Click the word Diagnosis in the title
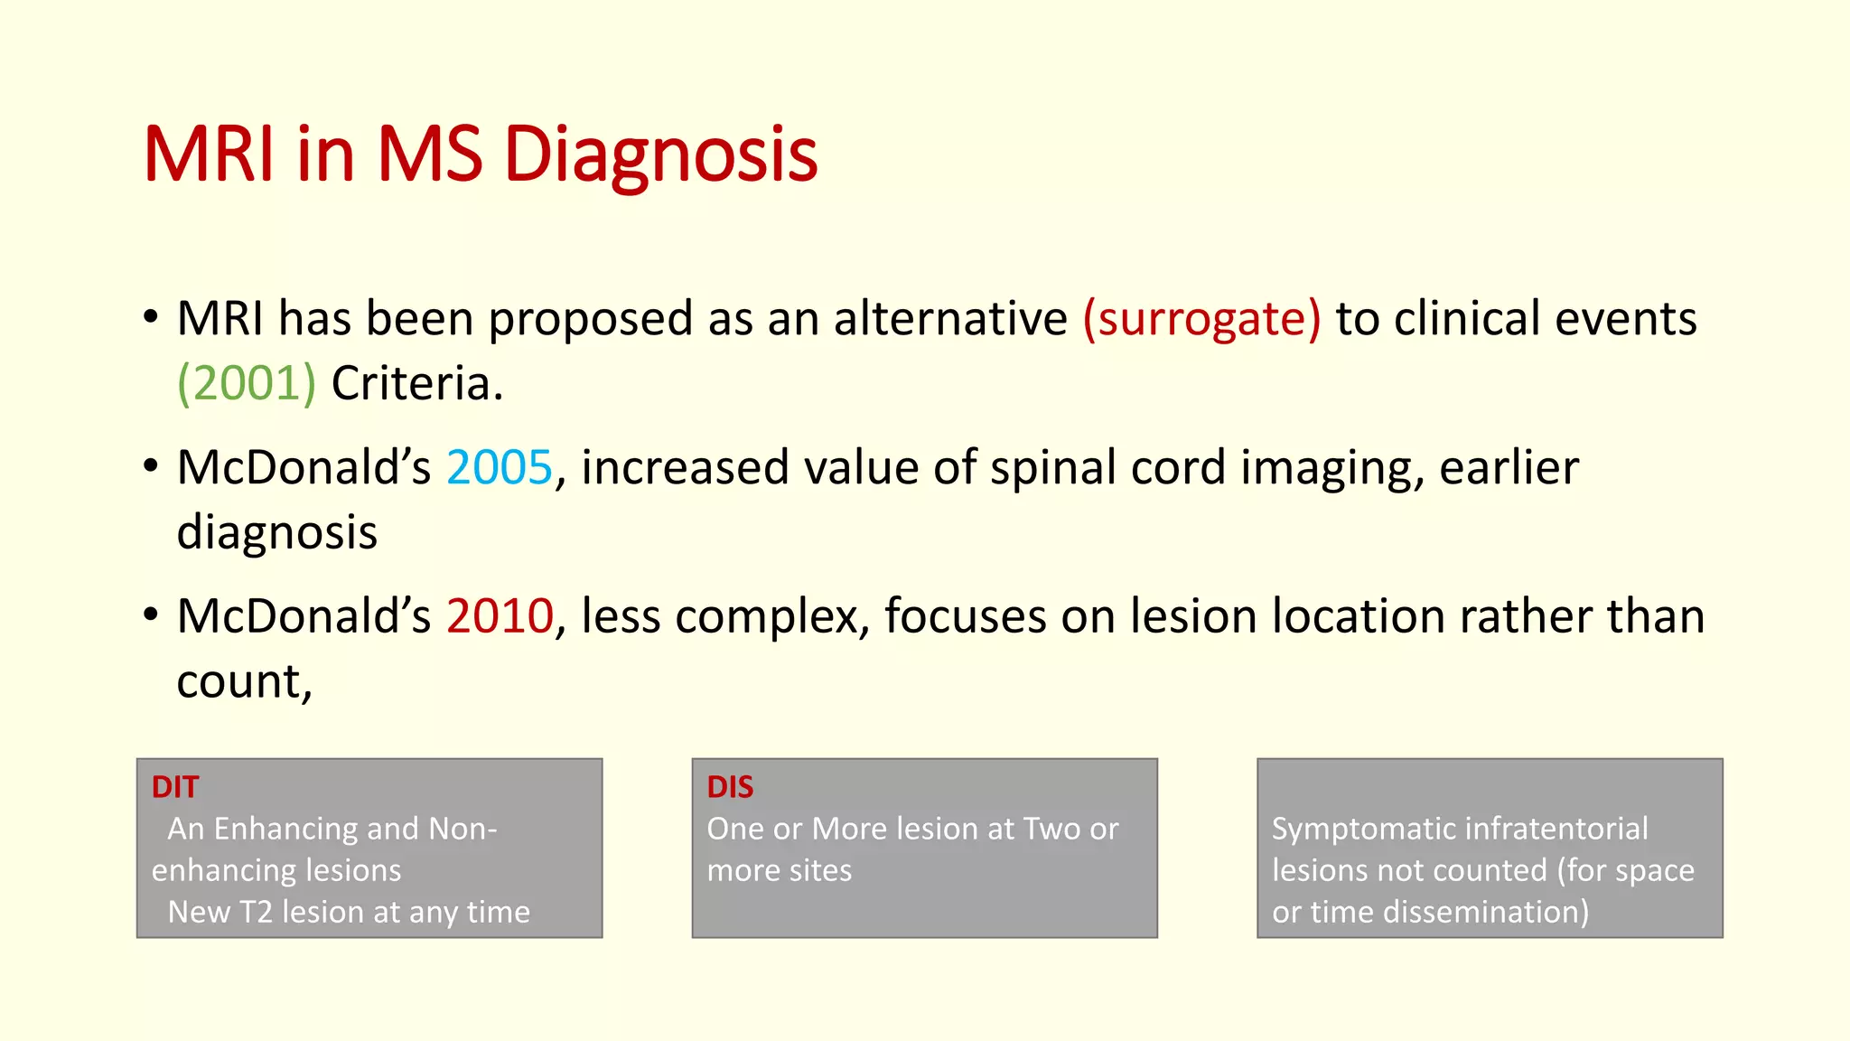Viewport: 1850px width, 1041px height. [x=659, y=155]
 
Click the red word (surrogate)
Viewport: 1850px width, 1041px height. [x=1201, y=319]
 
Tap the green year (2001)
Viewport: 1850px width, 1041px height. [x=246, y=384]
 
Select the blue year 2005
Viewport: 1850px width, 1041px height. [x=499, y=468]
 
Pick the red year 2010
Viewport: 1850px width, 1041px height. [x=499, y=616]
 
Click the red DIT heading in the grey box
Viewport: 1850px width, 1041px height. [x=174, y=787]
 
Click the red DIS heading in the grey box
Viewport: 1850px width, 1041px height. [x=730, y=787]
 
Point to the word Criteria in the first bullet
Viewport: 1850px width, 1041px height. [x=416, y=384]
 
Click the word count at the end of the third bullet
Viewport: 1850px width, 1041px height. [x=242, y=681]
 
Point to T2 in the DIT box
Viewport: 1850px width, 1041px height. [x=256, y=912]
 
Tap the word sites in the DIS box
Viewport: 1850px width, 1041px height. [x=818, y=870]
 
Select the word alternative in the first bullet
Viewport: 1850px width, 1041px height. [x=950, y=319]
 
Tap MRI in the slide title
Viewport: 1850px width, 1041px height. [x=209, y=155]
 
